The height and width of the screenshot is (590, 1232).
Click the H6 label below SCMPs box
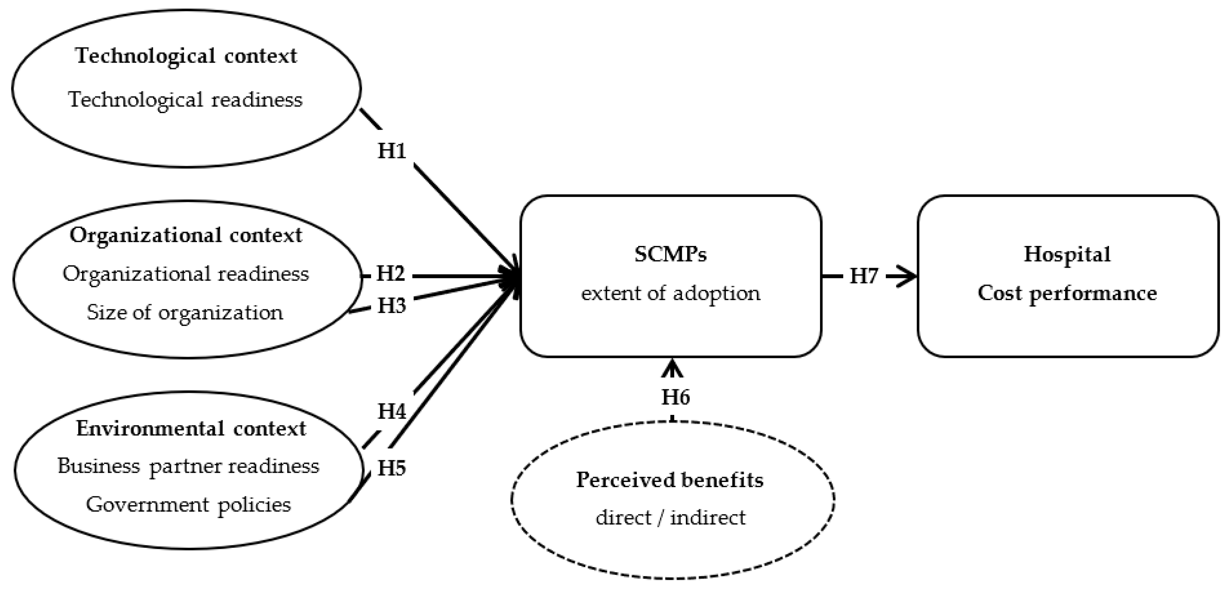click(675, 397)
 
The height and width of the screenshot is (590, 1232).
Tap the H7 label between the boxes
click(864, 276)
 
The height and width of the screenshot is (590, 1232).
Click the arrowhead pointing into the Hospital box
click(906, 276)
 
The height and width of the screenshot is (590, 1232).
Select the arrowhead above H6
click(673, 369)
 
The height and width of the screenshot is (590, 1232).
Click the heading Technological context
click(186, 56)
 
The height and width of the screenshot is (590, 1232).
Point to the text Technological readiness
click(186, 99)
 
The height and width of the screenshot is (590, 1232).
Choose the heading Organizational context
click(186, 235)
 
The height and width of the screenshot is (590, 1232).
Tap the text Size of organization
click(185, 312)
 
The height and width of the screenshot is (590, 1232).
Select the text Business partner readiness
click(188, 466)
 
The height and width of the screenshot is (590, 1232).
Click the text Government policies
click(188, 504)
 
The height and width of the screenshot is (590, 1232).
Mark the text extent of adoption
click(671, 293)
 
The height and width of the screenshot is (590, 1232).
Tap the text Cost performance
click(1067, 293)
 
